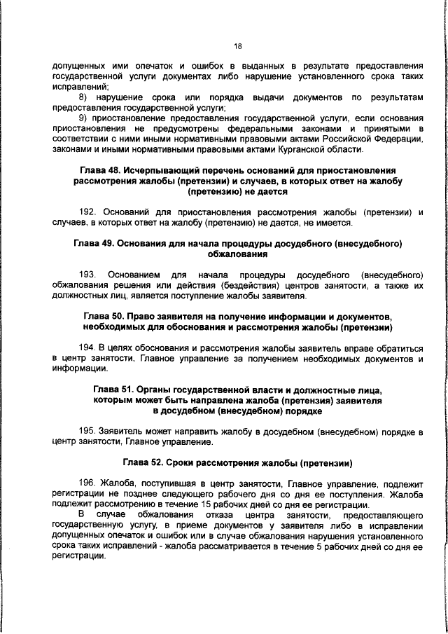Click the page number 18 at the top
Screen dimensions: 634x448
coord(237,46)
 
